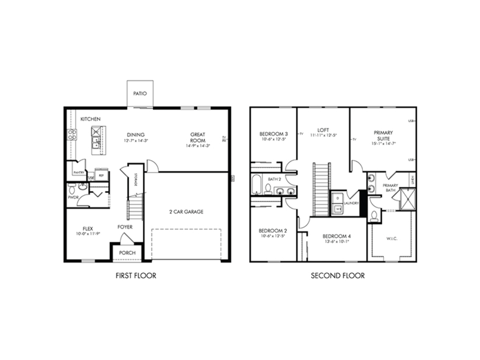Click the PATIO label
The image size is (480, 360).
140,94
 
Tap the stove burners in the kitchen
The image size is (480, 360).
72,134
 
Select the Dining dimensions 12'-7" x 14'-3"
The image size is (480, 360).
136,140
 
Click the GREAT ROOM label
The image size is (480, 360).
198,137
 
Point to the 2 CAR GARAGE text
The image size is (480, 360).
186,212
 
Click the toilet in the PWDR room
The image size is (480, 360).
71,189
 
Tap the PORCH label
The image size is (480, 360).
127,253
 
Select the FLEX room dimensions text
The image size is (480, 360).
88,234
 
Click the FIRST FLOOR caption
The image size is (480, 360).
136,276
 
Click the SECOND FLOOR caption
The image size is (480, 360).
337,276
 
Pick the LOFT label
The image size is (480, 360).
323,130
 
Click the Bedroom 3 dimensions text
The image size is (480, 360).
273,139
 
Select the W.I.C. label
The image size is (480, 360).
392,239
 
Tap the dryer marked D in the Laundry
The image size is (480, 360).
338,198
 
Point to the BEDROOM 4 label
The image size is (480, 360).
337,236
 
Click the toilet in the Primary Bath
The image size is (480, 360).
374,216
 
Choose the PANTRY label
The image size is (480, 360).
79,173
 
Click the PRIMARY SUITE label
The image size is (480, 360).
383,136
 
